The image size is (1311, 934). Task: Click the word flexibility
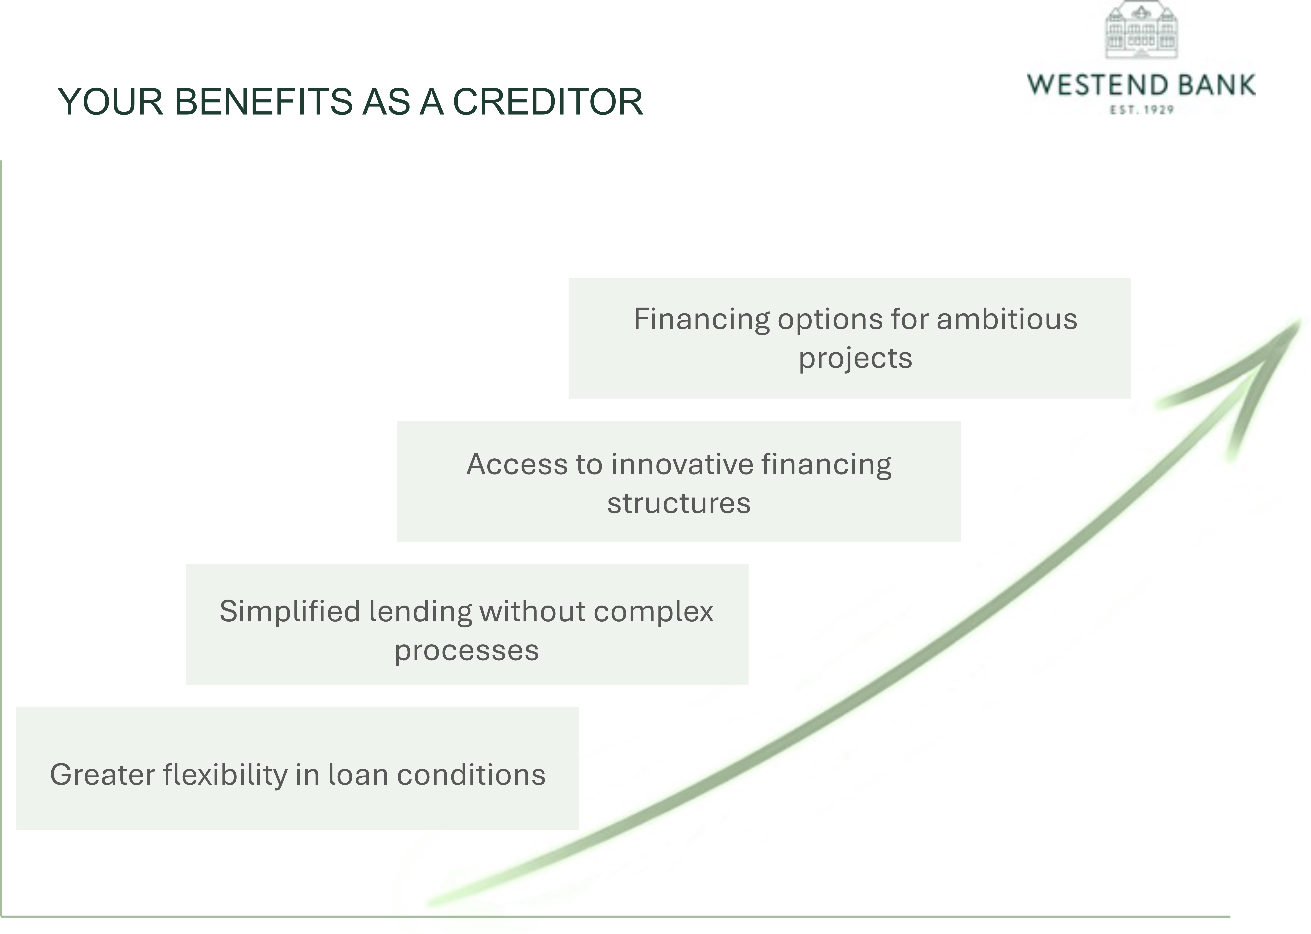click(225, 775)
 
